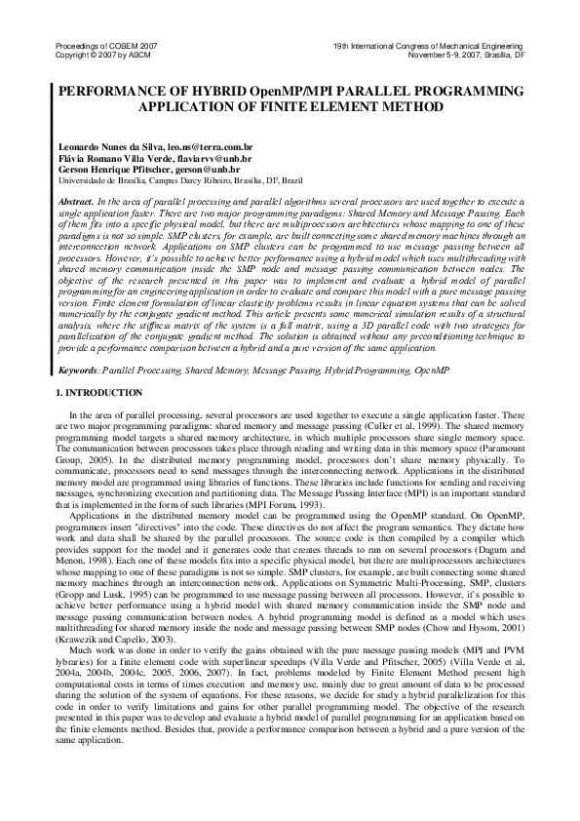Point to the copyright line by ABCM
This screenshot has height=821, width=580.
pos(92,55)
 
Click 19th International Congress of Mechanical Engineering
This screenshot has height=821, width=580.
pos(428,46)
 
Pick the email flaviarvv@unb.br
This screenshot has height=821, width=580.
pos(216,155)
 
